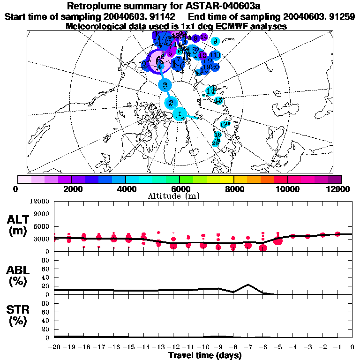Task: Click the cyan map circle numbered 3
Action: point(165,85)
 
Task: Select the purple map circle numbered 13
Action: point(203,55)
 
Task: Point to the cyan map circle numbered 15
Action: point(218,100)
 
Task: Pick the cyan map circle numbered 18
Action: point(217,135)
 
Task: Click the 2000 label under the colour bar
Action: point(72,189)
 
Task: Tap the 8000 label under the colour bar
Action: point(233,189)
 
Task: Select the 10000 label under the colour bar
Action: point(287,189)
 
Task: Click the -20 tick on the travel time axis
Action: point(54,347)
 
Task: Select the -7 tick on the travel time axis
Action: point(248,347)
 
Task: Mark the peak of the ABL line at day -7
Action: point(248,285)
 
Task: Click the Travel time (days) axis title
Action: point(205,356)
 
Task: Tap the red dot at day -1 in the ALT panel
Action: point(337,233)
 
